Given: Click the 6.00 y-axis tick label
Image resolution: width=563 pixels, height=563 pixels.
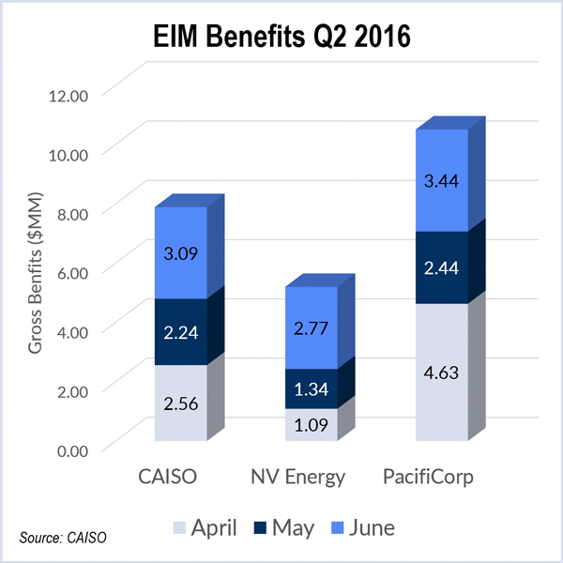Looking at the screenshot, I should [69, 271].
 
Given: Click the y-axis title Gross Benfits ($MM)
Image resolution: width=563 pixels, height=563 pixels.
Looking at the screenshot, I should [35, 272].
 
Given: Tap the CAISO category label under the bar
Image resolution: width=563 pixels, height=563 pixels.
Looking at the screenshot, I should [169, 479].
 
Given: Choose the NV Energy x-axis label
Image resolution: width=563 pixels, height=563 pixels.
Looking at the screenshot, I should [298, 479].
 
